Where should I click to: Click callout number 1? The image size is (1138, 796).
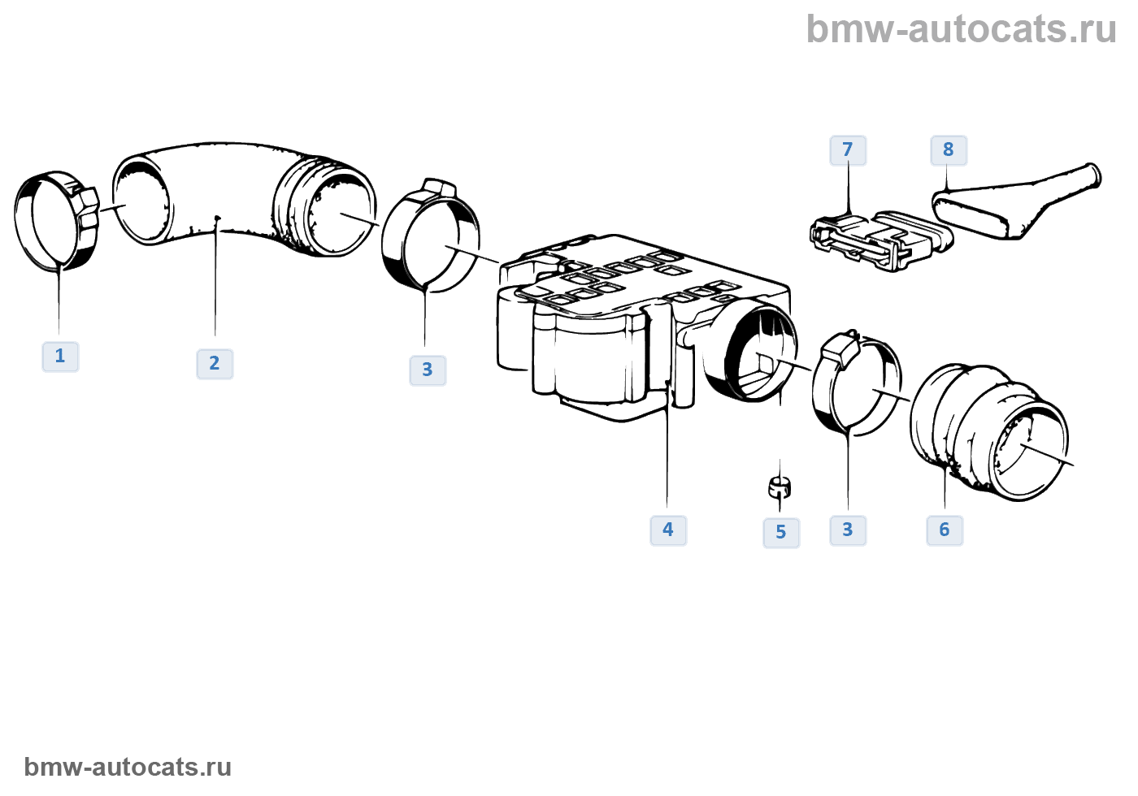click(x=60, y=357)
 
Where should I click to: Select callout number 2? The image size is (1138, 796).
click(x=215, y=364)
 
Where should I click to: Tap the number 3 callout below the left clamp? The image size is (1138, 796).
click(x=428, y=370)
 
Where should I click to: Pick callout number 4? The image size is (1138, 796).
click(x=668, y=530)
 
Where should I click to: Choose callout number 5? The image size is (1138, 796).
click(x=781, y=533)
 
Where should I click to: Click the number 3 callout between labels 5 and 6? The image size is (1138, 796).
click(x=848, y=530)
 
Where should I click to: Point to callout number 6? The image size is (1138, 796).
click(x=945, y=530)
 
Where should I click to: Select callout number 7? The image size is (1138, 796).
click(x=848, y=150)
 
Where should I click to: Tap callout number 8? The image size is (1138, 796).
click(x=949, y=150)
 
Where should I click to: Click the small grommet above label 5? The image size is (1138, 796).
click(x=779, y=487)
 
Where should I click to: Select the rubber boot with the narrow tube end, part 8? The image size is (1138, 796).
click(x=1016, y=203)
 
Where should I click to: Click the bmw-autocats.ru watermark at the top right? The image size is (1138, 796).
click(x=961, y=30)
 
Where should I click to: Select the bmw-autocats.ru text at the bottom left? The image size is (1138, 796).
click(x=128, y=767)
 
